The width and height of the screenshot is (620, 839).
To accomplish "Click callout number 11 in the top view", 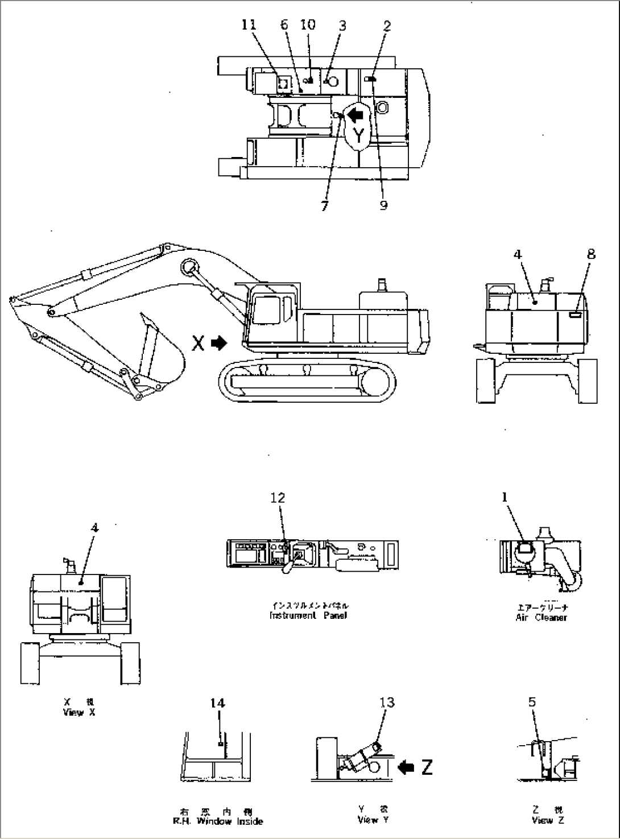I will [249, 24].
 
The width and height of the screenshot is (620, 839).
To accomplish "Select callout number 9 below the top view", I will [383, 205].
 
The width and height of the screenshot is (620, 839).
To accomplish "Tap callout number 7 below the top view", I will [324, 206].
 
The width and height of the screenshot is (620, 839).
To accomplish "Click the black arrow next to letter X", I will [218, 343].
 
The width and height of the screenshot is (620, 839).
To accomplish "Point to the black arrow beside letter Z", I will [406, 767].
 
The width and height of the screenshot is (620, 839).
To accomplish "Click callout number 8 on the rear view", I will [591, 254].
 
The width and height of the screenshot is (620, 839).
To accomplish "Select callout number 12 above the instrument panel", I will [278, 498].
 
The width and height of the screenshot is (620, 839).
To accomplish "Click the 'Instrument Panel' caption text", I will [308, 615].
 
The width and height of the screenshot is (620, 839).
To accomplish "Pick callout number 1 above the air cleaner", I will [504, 497].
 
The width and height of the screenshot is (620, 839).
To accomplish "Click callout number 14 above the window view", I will [217, 703].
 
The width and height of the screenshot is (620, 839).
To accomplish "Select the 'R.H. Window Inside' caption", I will [218, 821].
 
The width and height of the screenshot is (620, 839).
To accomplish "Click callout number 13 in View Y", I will [387, 702].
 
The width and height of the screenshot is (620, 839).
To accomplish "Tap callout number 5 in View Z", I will [532, 702].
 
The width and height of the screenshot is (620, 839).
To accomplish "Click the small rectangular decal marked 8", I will [576, 313].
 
